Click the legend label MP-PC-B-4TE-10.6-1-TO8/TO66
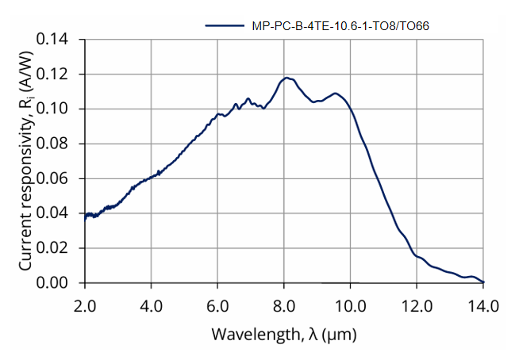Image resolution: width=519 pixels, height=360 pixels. pos(340,25)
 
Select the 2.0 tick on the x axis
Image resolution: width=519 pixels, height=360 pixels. pos(85,305)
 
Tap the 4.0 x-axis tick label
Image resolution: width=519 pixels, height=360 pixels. pos(151,305)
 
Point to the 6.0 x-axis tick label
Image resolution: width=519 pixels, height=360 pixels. pos(217,305)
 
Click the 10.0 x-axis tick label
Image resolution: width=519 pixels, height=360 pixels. pos(350,305)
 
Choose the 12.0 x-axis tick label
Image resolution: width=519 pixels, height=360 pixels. pos(417,305)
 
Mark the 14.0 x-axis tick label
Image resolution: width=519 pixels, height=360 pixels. pos(482,305)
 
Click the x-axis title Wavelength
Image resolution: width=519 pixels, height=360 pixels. pos(283,335)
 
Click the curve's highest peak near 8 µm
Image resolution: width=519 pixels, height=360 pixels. pos(286,78)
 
